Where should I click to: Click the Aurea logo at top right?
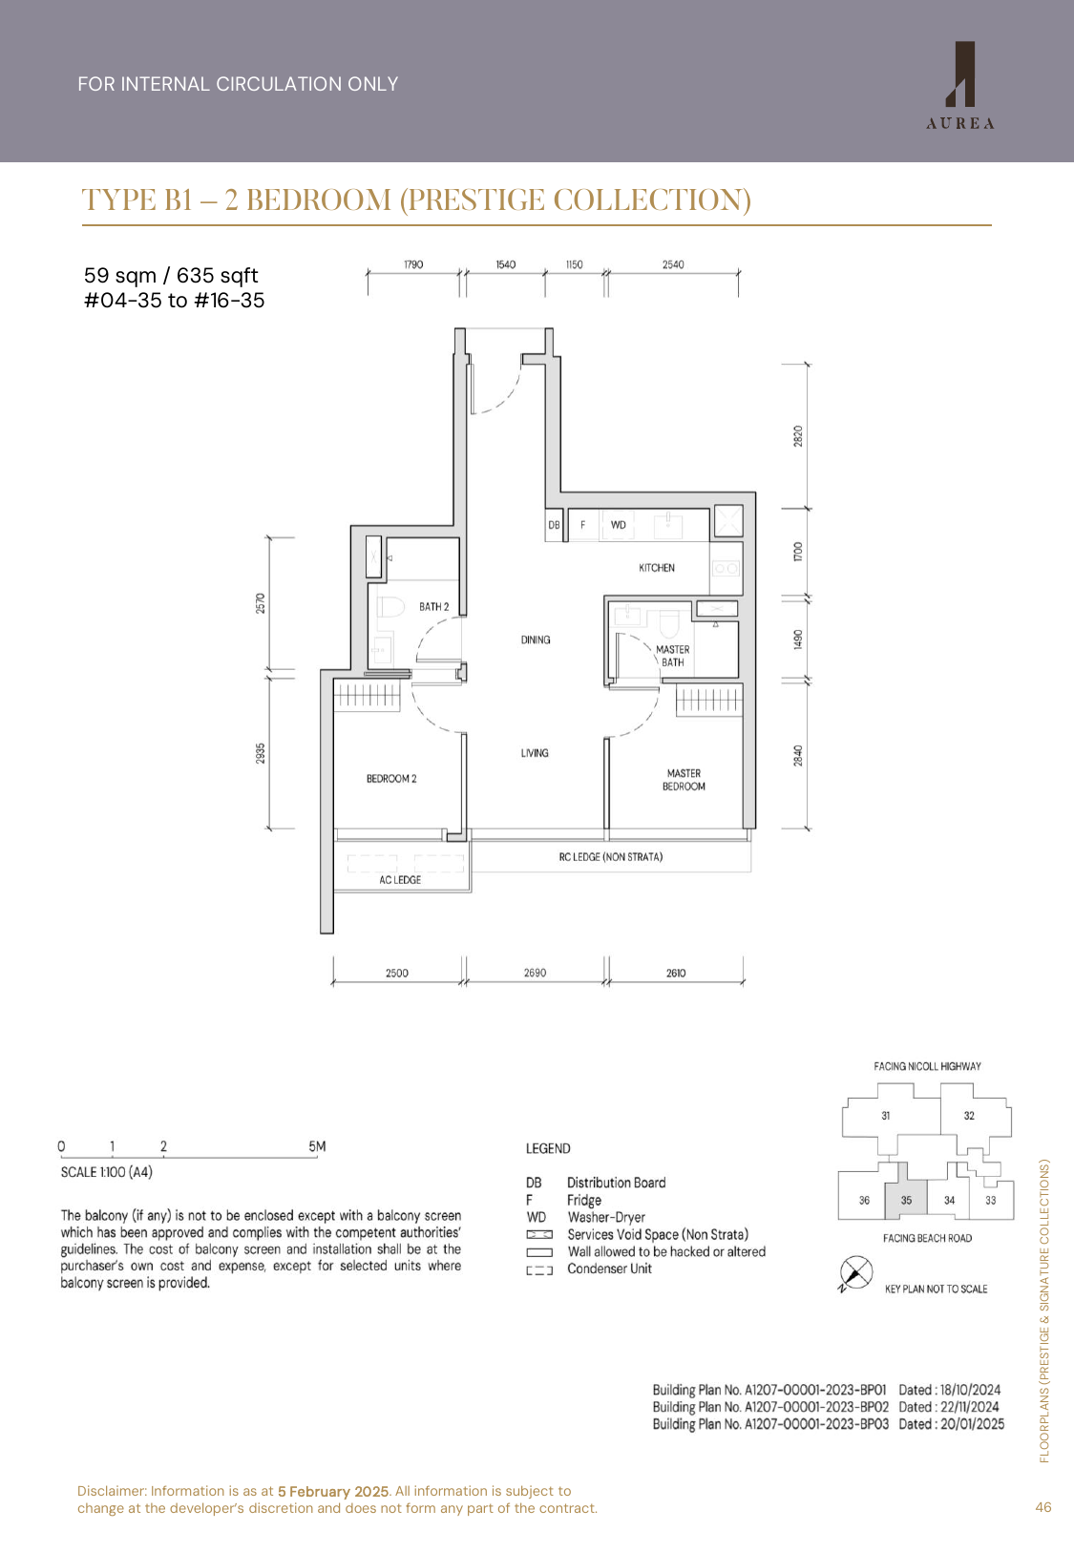coord(960,85)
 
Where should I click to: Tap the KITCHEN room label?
coord(657,568)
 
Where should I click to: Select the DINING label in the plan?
coord(536,640)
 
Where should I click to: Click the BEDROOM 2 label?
coord(391,779)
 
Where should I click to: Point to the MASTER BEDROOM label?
coord(684,780)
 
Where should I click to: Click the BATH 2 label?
coord(433,607)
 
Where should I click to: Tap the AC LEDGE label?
coord(400,880)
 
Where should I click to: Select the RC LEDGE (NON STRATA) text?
coord(611,857)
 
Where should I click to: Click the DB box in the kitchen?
coord(554,525)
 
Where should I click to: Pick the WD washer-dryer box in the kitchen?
coord(619,525)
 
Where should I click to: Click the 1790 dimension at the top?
coord(413,264)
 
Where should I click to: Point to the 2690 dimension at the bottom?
coord(535,973)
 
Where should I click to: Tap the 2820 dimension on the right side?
coord(798,436)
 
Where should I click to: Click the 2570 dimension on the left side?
coord(261,603)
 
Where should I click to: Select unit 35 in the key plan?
coord(906,1200)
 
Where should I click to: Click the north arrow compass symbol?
coord(855,1273)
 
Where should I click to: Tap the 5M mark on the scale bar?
coord(317,1146)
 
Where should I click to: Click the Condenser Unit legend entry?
coord(609,1269)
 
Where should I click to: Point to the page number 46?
coord(1042,1507)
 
